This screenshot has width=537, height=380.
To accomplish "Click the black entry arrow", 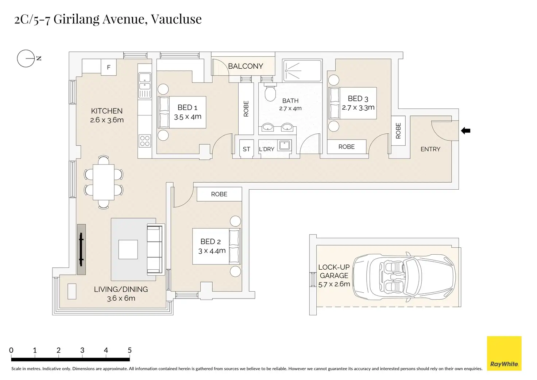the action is coord(465,130).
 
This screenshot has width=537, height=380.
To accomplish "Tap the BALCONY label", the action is coord(245,66).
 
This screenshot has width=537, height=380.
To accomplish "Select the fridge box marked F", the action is coord(108,67).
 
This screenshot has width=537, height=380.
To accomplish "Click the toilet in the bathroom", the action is coord(270,94).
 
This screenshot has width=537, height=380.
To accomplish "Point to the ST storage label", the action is coord(246,149).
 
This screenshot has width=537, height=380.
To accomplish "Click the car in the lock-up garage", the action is coord(404,277).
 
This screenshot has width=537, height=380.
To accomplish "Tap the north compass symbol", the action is coord(26,58).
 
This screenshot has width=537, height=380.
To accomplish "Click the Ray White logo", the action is coord(504,353).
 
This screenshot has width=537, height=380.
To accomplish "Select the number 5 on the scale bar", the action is coord(130,350).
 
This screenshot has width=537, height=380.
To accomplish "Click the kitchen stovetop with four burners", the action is coord(144,141).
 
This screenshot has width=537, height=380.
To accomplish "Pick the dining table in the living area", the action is coord(104,182).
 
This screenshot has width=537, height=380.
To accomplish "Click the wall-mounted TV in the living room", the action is coord(81,249).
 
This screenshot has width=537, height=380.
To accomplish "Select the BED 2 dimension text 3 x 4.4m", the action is coord(212,251).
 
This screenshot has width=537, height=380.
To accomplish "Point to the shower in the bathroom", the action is coord(302,71).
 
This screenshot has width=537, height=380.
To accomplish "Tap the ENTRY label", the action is coord(430,149).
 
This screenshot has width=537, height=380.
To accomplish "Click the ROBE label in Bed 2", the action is coord(219,194).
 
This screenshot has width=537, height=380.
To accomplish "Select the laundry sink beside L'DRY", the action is coord(285,145).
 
